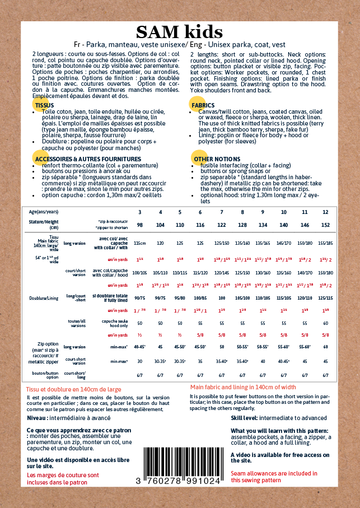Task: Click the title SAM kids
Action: [179, 31]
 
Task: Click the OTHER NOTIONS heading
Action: [221, 160]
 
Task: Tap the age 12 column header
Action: [325, 212]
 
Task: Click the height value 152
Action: [325, 224]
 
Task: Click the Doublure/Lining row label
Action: [44, 298]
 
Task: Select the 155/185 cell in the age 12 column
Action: [325, 244]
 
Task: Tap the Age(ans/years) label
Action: [44, 212]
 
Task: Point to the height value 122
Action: [222, 224]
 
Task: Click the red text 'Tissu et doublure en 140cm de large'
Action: [73, 389]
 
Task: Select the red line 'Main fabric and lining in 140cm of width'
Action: [243, 387]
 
